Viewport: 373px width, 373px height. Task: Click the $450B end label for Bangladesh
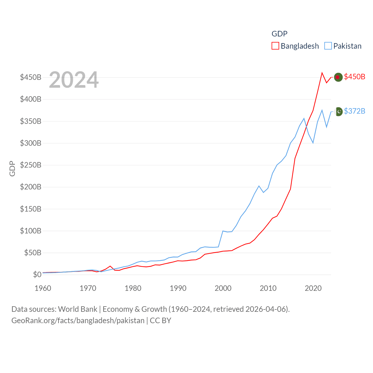(x=354, y=77)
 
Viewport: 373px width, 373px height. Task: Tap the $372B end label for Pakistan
(x=354, y=111)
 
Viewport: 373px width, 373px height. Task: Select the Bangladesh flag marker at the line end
(x=338, y=77)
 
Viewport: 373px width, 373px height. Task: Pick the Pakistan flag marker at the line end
(x=339, y=111)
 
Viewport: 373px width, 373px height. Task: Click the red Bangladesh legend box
(x=275, y=46)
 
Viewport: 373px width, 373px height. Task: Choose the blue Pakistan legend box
(x=328, y=46)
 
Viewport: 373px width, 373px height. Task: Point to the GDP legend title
(x=279, y=34)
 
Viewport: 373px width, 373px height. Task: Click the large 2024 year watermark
(x=74, y=80)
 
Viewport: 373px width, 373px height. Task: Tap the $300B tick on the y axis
(x=31, y=143)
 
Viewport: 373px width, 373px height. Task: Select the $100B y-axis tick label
(x=31, y=231)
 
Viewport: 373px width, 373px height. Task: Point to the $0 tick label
(x=37, y=275)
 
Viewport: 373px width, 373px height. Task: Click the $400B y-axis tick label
(x=31, y=99)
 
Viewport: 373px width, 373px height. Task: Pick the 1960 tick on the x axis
(x=43, y=288)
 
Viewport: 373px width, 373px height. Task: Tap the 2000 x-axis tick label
(x=223, y=288)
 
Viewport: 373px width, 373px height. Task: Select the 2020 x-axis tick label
(x=313, y=288)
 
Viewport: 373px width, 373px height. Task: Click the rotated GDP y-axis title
(x=12, y=168)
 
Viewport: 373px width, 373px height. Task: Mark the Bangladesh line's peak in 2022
(x=322, y=73)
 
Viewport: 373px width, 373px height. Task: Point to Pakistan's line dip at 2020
(x=313, y=143)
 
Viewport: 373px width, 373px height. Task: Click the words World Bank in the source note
(x=78, y=309)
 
